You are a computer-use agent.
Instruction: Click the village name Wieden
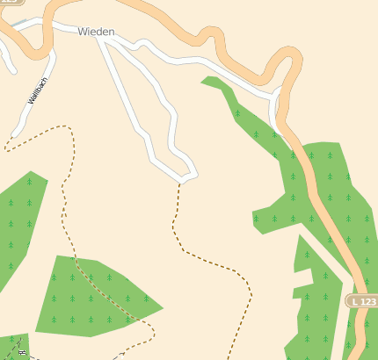(x=96, y=32)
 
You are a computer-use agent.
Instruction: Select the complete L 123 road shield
(x=361, y=301)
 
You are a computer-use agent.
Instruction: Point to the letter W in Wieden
(x=82, y=32)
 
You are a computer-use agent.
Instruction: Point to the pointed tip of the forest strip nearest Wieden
(x=204, y=81)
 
